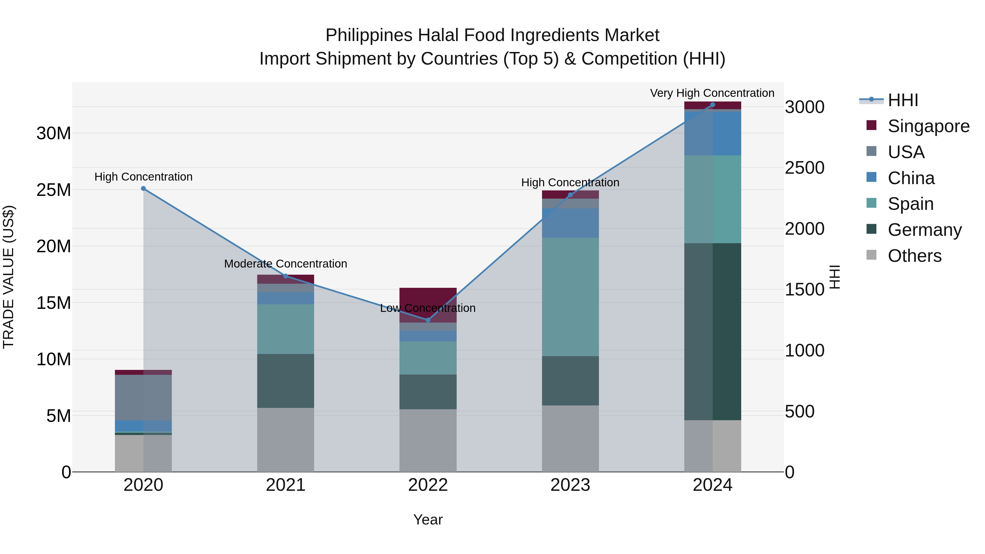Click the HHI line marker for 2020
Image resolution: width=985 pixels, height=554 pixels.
143,188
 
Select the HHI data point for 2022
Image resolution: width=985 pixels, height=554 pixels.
428,320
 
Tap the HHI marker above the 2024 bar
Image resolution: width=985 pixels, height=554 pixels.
712,105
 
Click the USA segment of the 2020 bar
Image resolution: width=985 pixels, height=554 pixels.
143,398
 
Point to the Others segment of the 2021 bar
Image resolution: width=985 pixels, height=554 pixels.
286,440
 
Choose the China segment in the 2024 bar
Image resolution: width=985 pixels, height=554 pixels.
712,134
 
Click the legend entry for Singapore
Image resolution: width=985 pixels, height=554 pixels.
928,126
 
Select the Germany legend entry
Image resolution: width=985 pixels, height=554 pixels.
924,230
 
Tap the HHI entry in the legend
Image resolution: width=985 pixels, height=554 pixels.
902,100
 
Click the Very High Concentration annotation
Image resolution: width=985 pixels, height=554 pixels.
712,93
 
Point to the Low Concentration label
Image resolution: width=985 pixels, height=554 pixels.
428,308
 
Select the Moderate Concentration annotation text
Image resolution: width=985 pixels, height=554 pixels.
286,264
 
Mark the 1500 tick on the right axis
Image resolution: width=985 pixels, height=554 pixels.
804,289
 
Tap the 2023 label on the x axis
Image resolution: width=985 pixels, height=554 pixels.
570,485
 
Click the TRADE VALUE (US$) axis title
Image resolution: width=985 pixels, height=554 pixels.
8,277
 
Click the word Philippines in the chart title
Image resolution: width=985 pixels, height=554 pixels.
369,36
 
